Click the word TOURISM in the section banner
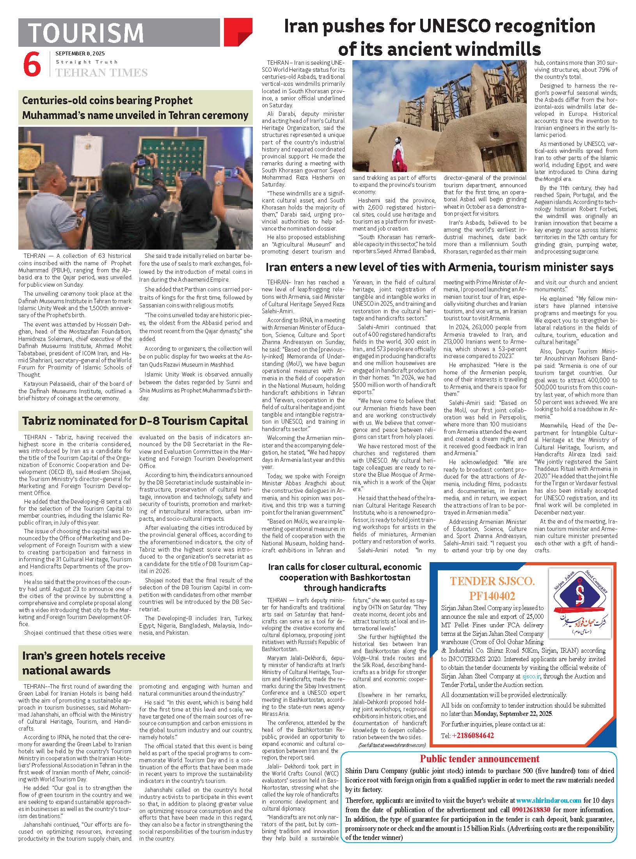click(86, 33)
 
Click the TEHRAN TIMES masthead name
click(101, 73)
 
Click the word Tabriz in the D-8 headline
click(42, 421)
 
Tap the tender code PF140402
click(492, 596)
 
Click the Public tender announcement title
click(479, 759)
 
